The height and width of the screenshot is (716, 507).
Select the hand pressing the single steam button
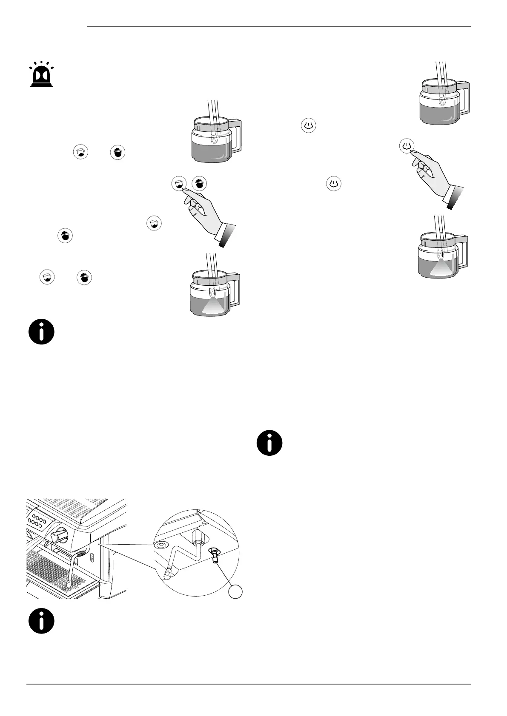[430, 174]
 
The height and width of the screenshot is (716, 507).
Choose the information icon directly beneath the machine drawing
[41, 621]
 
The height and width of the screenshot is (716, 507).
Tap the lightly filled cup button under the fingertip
[179, 184]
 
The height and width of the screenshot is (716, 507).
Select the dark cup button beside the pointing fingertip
[199, 184]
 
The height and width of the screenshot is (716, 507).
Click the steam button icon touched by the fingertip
[407, 146]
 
